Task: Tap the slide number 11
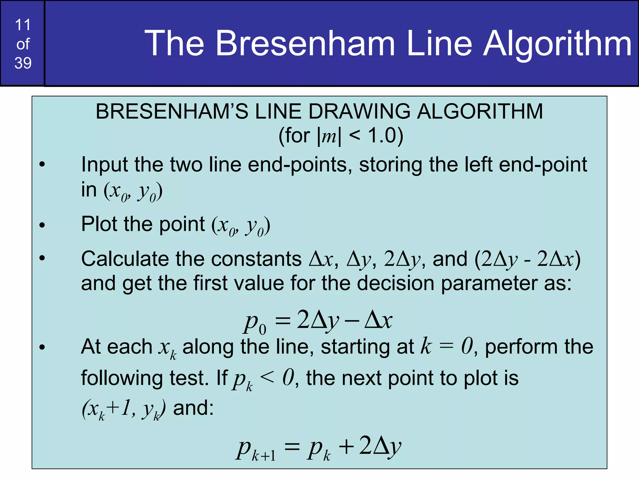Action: click(23, 25)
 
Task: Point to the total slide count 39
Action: click(23, 63)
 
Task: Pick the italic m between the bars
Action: click(329, 136)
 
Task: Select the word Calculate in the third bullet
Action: click(124, 259)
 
